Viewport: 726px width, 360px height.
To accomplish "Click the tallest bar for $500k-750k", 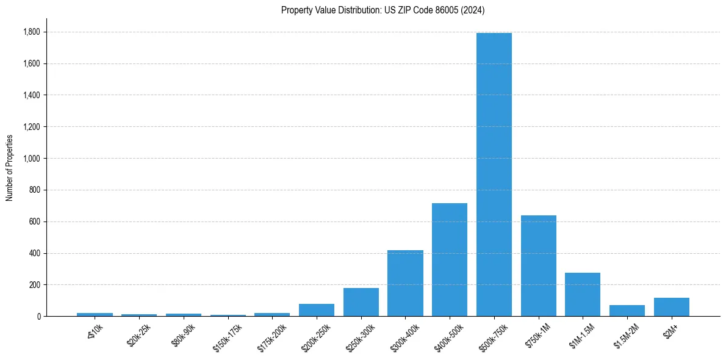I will click(494, 175).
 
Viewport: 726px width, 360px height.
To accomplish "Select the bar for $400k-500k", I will click(450, 260).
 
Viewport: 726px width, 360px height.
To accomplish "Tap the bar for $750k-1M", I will click(539, 266).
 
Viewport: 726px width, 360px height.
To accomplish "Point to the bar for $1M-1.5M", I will click(583, 295).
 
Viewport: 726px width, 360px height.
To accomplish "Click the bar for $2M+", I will click(672, 307).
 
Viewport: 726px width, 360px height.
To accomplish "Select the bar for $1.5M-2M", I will click(627, 311).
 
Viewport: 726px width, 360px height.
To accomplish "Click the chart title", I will click(383, 10).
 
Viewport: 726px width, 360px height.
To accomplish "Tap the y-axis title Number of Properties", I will click(10, 167).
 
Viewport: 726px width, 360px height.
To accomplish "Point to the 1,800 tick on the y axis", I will click(32, 32).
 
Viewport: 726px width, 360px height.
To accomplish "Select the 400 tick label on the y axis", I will click(35, 253).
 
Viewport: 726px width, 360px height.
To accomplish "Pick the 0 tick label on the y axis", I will click(38, 317).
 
